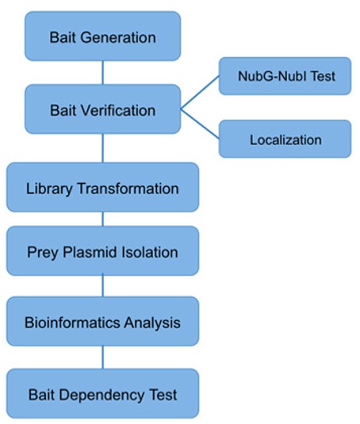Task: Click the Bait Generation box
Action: coord(102,36)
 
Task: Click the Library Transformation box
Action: coord(102,188)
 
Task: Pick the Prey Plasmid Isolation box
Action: coord(102,252)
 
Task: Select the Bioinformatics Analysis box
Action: coord(102,322)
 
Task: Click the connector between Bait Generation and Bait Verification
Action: coord(102,73)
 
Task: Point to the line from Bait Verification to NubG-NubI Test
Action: coord(200,94)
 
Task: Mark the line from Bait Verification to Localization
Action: coord(200,124)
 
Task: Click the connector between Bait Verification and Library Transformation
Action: coord(102,148)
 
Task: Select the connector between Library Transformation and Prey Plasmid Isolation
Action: coord(102,220)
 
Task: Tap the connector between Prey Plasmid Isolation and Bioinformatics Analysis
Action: coord(102,286)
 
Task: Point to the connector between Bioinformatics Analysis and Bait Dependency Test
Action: coord(102,357)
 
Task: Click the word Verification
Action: coord(118,109)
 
